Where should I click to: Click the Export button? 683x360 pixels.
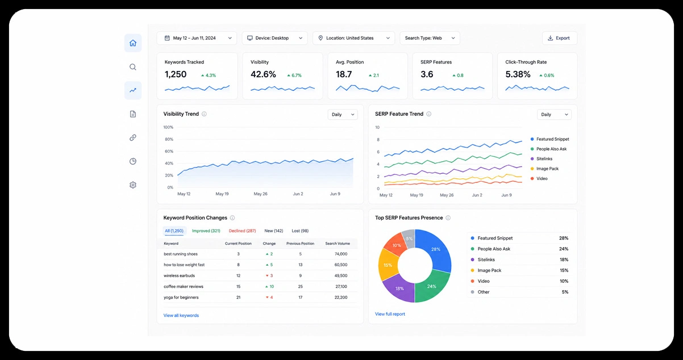tap(560, 38)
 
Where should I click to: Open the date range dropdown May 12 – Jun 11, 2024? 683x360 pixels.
tap(197, 38)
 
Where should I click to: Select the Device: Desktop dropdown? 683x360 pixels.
tap(274, 38)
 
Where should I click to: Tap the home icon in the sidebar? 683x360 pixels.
tap(133, 43)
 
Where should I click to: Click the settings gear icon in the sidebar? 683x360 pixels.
tap(133, 185)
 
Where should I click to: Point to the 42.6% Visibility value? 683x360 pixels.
tap(263, 74)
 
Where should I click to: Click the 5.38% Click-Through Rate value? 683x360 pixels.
tap(518, 74)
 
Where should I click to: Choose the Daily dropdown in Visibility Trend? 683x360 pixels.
tap(343, 115)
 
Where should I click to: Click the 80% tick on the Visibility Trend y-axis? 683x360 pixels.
tap(169, 139)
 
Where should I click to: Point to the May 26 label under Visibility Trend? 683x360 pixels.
tap(260, 194)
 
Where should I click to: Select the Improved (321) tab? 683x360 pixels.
tap(206, 231)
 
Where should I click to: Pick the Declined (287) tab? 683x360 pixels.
tap(243, 231)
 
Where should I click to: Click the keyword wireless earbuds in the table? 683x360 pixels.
tap(180, 275)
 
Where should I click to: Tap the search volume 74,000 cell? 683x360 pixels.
tap(341, 254)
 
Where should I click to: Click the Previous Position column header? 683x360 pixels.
tap(301, 244)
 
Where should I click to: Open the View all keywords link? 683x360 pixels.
tap(181, 316)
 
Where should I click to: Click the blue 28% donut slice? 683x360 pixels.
tap(436, 249)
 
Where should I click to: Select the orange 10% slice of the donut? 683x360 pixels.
tap(396, 245)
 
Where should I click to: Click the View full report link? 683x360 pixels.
tap(390, 314)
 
